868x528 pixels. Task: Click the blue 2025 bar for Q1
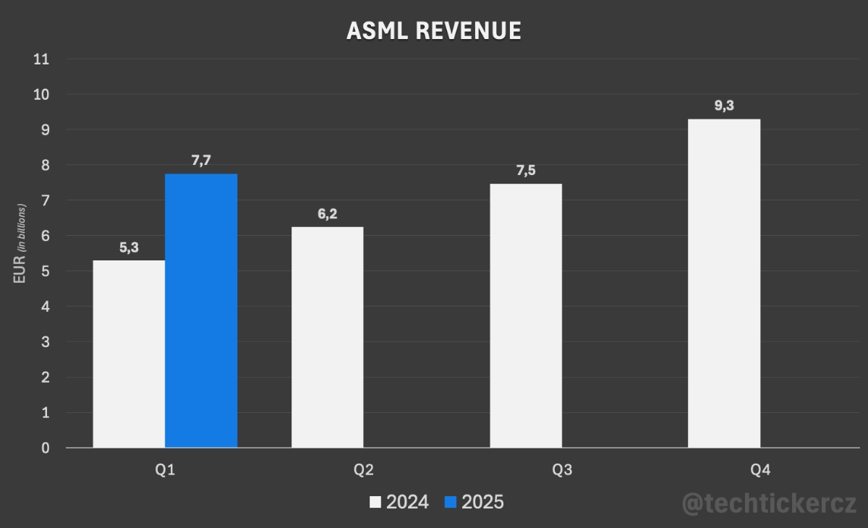201,311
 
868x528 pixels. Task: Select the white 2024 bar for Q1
129,354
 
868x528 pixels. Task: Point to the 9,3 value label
724,106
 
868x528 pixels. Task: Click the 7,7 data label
201,161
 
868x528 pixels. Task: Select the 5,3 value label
129,247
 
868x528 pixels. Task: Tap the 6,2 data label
328,214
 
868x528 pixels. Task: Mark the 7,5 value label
526,171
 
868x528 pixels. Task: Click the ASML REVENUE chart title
434,30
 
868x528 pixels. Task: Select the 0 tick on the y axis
46,448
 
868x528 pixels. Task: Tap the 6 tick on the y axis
46,236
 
